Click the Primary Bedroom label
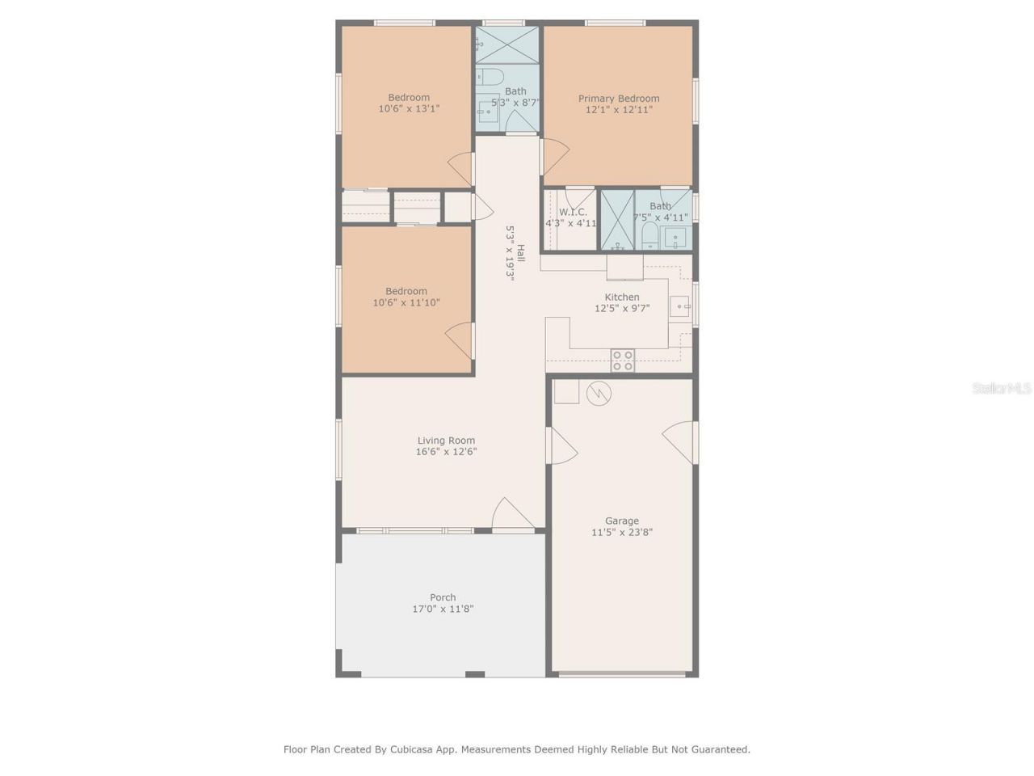(618, 99)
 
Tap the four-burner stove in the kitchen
(622, 361)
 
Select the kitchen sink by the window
(680, 307)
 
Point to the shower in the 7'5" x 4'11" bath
(616, 220)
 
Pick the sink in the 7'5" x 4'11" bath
(673, 238)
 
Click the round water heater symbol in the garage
(599, 394)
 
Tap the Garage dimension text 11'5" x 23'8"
(621, 533)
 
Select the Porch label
(443, 597)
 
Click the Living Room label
(446, 441)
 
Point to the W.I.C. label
(573, 212)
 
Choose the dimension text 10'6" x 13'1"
(409, 108)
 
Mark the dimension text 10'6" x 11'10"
(406, 303)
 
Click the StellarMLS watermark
(1001, 389)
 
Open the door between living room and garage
(563, 445)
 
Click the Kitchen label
(621, 297)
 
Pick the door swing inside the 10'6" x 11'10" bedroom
(460, 339)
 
